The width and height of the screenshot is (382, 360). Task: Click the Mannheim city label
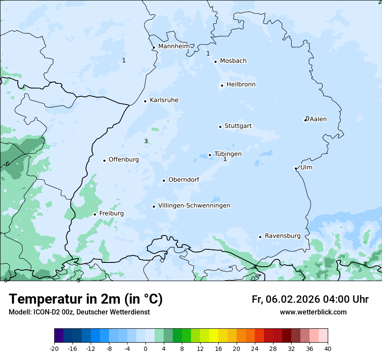pos(174,46)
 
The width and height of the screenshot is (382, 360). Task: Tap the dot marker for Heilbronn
pos(222,85)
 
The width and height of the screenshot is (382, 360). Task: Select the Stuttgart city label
pos(238,126)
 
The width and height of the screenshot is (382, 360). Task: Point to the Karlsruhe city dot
pos(145,101)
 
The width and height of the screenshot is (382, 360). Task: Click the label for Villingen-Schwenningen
pos(194,206)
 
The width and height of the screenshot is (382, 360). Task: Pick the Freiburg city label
pos(111,213)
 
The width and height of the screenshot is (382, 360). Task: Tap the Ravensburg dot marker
pos(260,237)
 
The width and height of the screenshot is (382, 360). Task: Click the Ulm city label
pos(306,167)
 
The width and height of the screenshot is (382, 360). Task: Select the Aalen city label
pos(318,119)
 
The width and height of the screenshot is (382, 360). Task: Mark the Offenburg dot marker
pos(104,160)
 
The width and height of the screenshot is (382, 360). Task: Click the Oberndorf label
pos(184,180)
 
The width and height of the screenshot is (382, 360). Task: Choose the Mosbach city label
pos(233,61)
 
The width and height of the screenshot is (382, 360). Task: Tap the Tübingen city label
pos(228,154)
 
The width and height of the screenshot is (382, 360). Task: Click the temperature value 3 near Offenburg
pos(146,141)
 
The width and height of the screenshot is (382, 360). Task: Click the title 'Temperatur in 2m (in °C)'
pos(86,299)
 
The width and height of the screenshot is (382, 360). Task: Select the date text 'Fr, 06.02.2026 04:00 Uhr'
pos(310,299)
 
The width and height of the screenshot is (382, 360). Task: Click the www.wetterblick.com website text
pos(313,312)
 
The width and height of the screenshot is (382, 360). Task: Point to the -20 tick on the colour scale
pos(54,348)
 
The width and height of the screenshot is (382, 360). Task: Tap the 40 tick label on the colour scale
pos(328,348)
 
